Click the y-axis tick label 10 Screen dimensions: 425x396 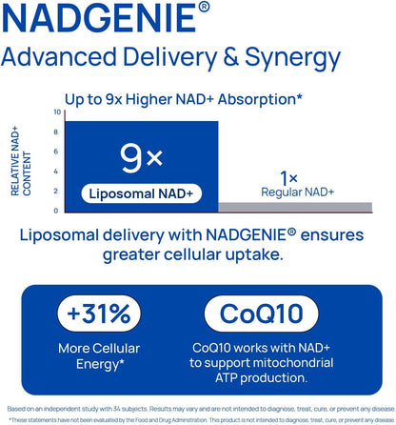(56, 112)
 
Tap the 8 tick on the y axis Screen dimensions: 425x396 (57, 132)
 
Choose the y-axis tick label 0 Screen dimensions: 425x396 (57, 211)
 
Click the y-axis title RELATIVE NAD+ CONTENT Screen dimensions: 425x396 (23, 163)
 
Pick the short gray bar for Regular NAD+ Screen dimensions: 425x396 (295, 207)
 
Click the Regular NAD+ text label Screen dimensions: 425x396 (298, 192)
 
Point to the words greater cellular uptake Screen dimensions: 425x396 (198, 254)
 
